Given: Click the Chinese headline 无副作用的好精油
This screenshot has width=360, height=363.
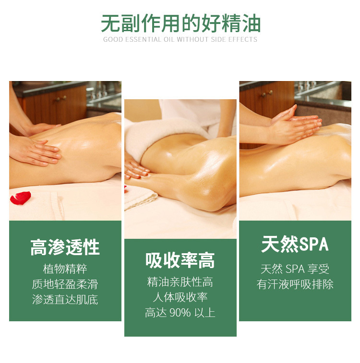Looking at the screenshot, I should pos(180,23).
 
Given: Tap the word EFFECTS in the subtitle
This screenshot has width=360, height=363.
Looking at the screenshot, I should pos(242,39).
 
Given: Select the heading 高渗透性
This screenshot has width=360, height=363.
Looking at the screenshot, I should pos(65,247).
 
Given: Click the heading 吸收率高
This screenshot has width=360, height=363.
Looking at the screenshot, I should pos(180,261).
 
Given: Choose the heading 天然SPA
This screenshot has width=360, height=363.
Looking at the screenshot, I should pos(295,244).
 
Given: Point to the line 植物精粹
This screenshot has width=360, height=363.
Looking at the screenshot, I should pos(65,269).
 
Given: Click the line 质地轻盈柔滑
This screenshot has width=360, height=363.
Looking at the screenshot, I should pos(65,284).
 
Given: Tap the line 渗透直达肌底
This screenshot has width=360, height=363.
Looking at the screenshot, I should pos(65,300).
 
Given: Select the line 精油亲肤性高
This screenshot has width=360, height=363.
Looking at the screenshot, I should pos(180,282).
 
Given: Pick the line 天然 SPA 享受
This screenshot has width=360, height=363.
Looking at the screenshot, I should pos(295,269).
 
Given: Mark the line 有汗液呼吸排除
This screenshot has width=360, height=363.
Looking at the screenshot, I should pos(295,284).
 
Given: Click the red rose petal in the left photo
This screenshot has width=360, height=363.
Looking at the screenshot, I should pos(21,197).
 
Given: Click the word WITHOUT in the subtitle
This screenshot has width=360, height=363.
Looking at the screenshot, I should pos(193,39).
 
